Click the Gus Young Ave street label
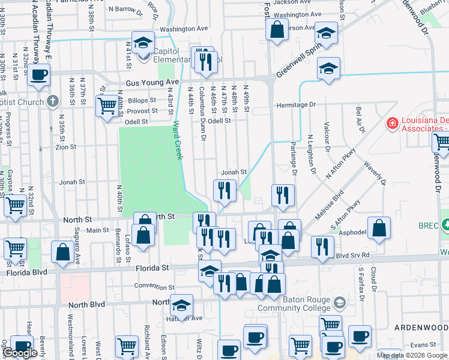coord(152,82)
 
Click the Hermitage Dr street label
coord(295,105)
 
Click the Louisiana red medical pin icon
coord(393,124)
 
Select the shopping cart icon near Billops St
coord(107,106)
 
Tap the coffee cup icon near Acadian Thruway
coord(39,75)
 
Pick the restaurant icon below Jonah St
coord(224,190)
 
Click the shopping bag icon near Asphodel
coord(379,227)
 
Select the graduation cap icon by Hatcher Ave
coord(181,305)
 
